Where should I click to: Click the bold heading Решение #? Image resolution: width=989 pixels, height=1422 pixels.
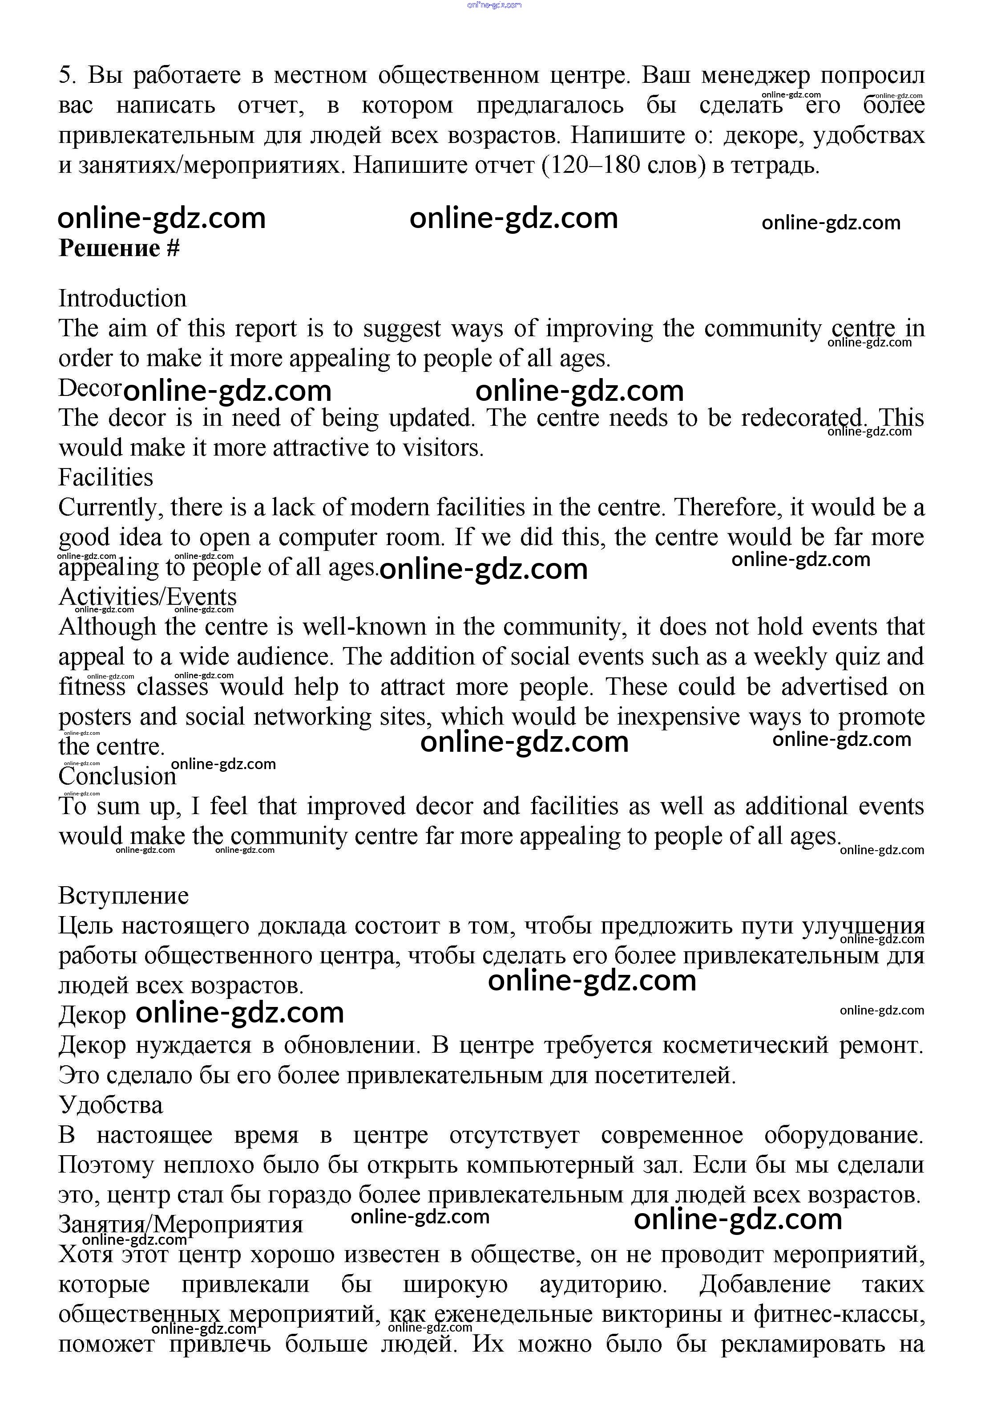click(x=119, y=249)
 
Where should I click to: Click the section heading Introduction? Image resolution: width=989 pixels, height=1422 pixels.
click(x=122, y=298)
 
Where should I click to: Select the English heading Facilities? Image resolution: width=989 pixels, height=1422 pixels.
click(x=105, y=477)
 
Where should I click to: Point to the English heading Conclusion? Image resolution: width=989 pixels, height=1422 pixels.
click(x=117, y=777)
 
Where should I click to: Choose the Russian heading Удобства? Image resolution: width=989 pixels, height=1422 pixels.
click(x=111, y=1105)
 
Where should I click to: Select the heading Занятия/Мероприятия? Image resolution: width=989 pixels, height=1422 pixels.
click(x=180, y=1224)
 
